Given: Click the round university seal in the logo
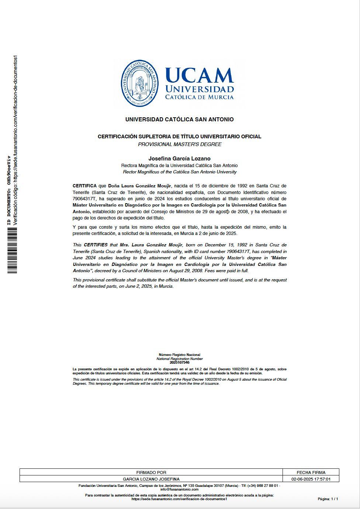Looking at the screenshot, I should point(140,84).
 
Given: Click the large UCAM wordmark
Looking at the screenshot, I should point(200,76).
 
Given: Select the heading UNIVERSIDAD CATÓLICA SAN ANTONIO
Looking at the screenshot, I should point(180,120).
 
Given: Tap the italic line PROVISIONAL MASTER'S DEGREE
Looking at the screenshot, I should point(180,144).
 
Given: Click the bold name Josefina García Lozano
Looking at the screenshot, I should point(180,159).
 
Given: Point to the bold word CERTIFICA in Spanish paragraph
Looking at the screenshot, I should point(84,186).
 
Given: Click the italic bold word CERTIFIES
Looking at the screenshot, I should point(96,245).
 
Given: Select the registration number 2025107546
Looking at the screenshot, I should point(180,363).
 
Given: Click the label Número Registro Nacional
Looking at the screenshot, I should point(180,355).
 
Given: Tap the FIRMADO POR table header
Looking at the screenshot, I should point(151,472).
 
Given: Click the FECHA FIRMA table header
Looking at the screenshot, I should point(311,472).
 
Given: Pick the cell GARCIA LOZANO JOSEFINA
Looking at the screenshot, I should point(151,479).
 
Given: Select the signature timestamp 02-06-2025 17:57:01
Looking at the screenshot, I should point(311,479).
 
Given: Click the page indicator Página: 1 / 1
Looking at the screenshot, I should point(328,499).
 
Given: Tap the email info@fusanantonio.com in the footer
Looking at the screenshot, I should point(180,489).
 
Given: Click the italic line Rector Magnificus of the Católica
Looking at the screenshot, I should point(180,172).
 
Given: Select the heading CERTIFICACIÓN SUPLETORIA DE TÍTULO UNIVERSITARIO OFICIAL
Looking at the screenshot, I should point(180,136).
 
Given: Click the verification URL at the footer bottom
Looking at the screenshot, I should point(180,499).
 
